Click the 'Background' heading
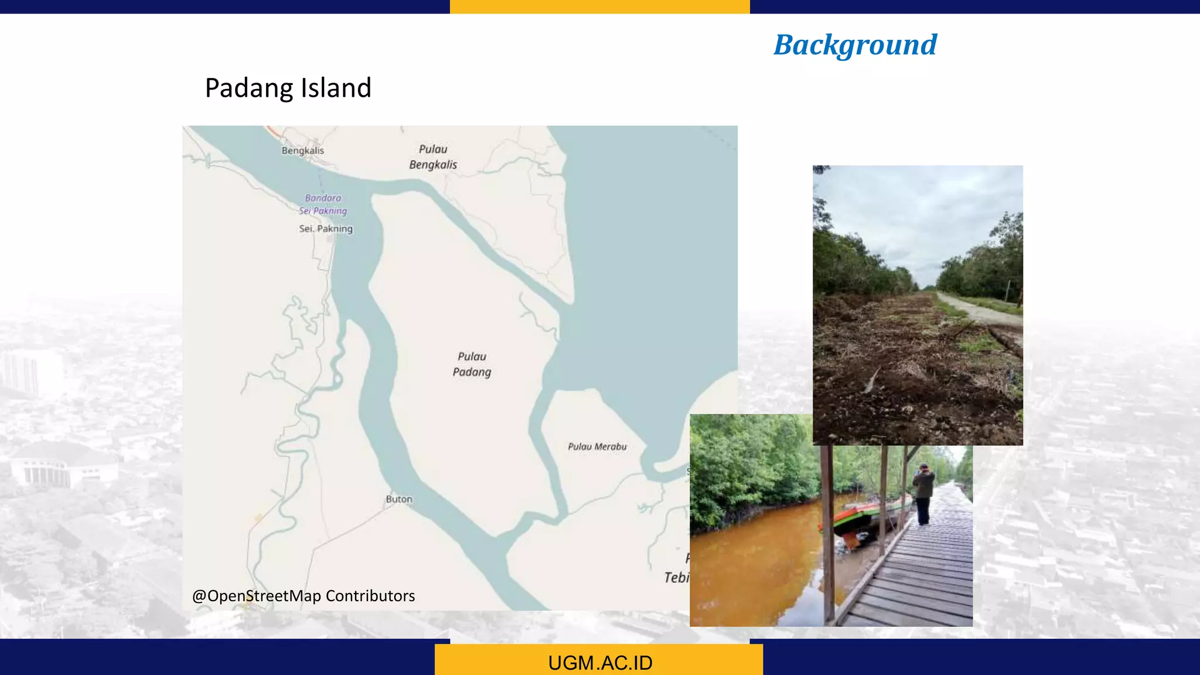855,45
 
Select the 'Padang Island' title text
288,88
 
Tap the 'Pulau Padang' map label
472,364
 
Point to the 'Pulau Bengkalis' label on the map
433,157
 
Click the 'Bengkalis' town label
302,151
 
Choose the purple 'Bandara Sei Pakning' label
323,204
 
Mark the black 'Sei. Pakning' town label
326,229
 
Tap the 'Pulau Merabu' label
597,446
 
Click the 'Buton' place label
399,499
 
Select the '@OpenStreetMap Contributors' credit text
304,596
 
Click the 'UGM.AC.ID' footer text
600,663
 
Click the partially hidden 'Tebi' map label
677,578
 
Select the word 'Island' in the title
336,88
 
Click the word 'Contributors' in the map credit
370,596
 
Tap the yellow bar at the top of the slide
599,6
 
